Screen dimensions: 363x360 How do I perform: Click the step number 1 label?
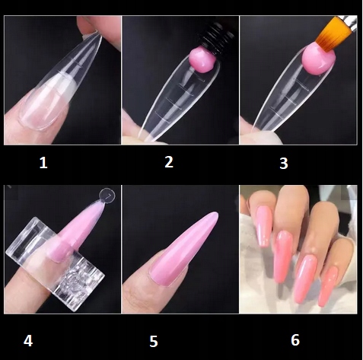tap(43, 163)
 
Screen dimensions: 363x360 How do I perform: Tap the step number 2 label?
tap(169, 162)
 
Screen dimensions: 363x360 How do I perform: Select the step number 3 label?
tap(284, 164)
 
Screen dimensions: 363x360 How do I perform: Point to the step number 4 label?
tap(28, 341)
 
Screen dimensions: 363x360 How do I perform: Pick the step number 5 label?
tap(154, 342)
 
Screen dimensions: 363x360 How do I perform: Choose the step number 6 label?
tap(295, 340)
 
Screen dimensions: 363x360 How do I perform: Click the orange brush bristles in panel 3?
tap(334, 33)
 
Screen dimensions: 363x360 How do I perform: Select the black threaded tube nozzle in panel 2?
tap(216, 39)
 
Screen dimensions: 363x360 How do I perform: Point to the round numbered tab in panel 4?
tap(107, 196)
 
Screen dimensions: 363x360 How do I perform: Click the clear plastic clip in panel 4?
tap(55, 264)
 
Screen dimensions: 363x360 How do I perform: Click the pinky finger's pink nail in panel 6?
tap(330, 288)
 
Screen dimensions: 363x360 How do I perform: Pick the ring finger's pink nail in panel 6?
tap(306, 279)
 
